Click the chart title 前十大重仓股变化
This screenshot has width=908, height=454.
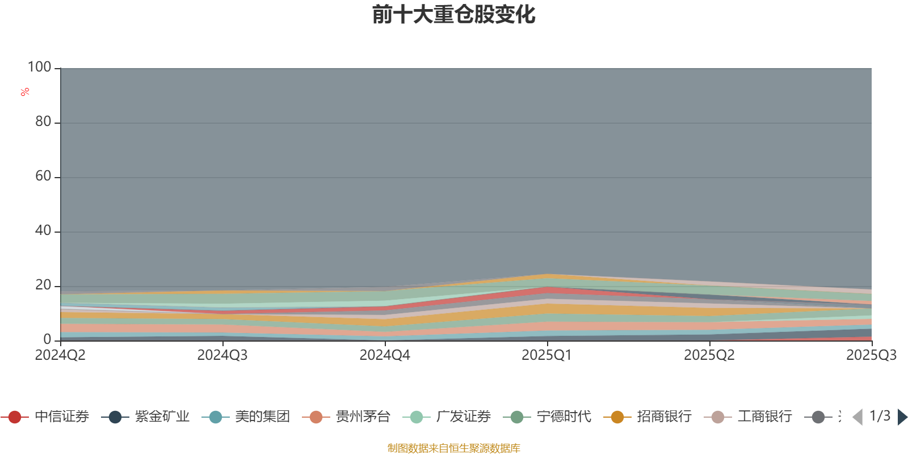coord(454,15)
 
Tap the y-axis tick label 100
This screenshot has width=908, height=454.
coord(40,67)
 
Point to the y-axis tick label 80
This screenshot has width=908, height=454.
coord(43,121)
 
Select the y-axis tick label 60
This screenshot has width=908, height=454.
coord(43,176)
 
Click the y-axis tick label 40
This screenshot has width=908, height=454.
coord(43,230)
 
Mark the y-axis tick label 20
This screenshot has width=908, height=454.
coord(43,285)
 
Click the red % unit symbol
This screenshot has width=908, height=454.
coord(25,92)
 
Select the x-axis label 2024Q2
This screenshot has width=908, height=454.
coord(60,355)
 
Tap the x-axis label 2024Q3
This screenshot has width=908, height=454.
coord(222,355)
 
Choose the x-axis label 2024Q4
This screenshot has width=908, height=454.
coord(385,355)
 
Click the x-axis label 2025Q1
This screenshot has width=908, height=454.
coord(547,355)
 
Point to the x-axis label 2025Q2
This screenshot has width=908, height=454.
coord(709,355)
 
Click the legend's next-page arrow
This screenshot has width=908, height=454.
coord(902,417)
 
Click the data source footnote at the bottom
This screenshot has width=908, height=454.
coord(454,448)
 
